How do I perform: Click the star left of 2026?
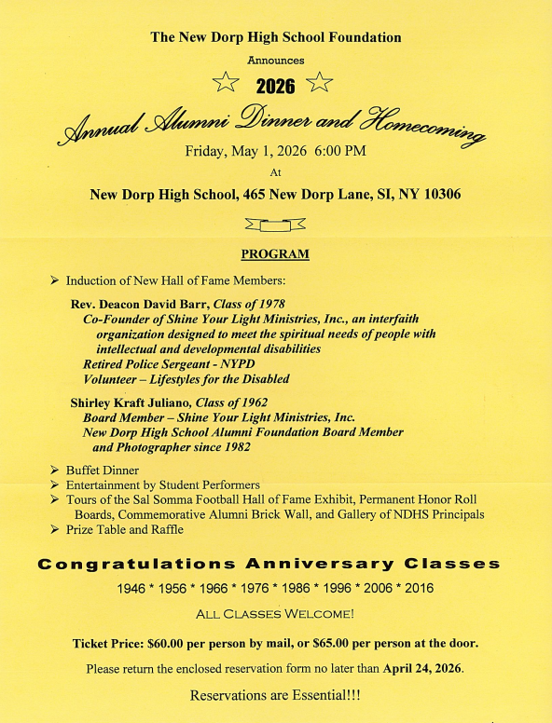coord(226,83)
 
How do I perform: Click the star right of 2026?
coord(319,83)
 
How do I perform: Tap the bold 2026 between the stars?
coord(274,87)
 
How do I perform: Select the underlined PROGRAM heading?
coord(275,253)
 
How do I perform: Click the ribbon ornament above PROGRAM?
coord(274,225)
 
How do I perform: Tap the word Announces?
coord(275,60)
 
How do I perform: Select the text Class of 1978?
coord(248,305)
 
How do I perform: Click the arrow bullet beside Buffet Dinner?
coord(55,471)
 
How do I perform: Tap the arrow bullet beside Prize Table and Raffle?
coord(55,529)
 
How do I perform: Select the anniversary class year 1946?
coord(133,589)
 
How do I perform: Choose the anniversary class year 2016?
coord(417,589)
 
